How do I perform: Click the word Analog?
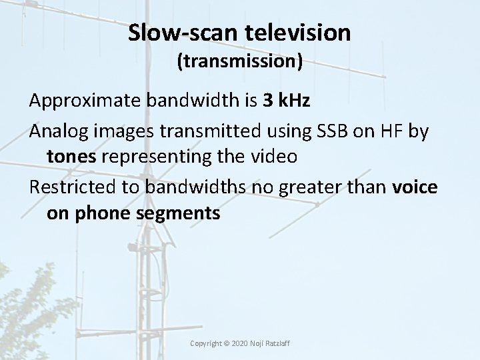click(x=55, y=131)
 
